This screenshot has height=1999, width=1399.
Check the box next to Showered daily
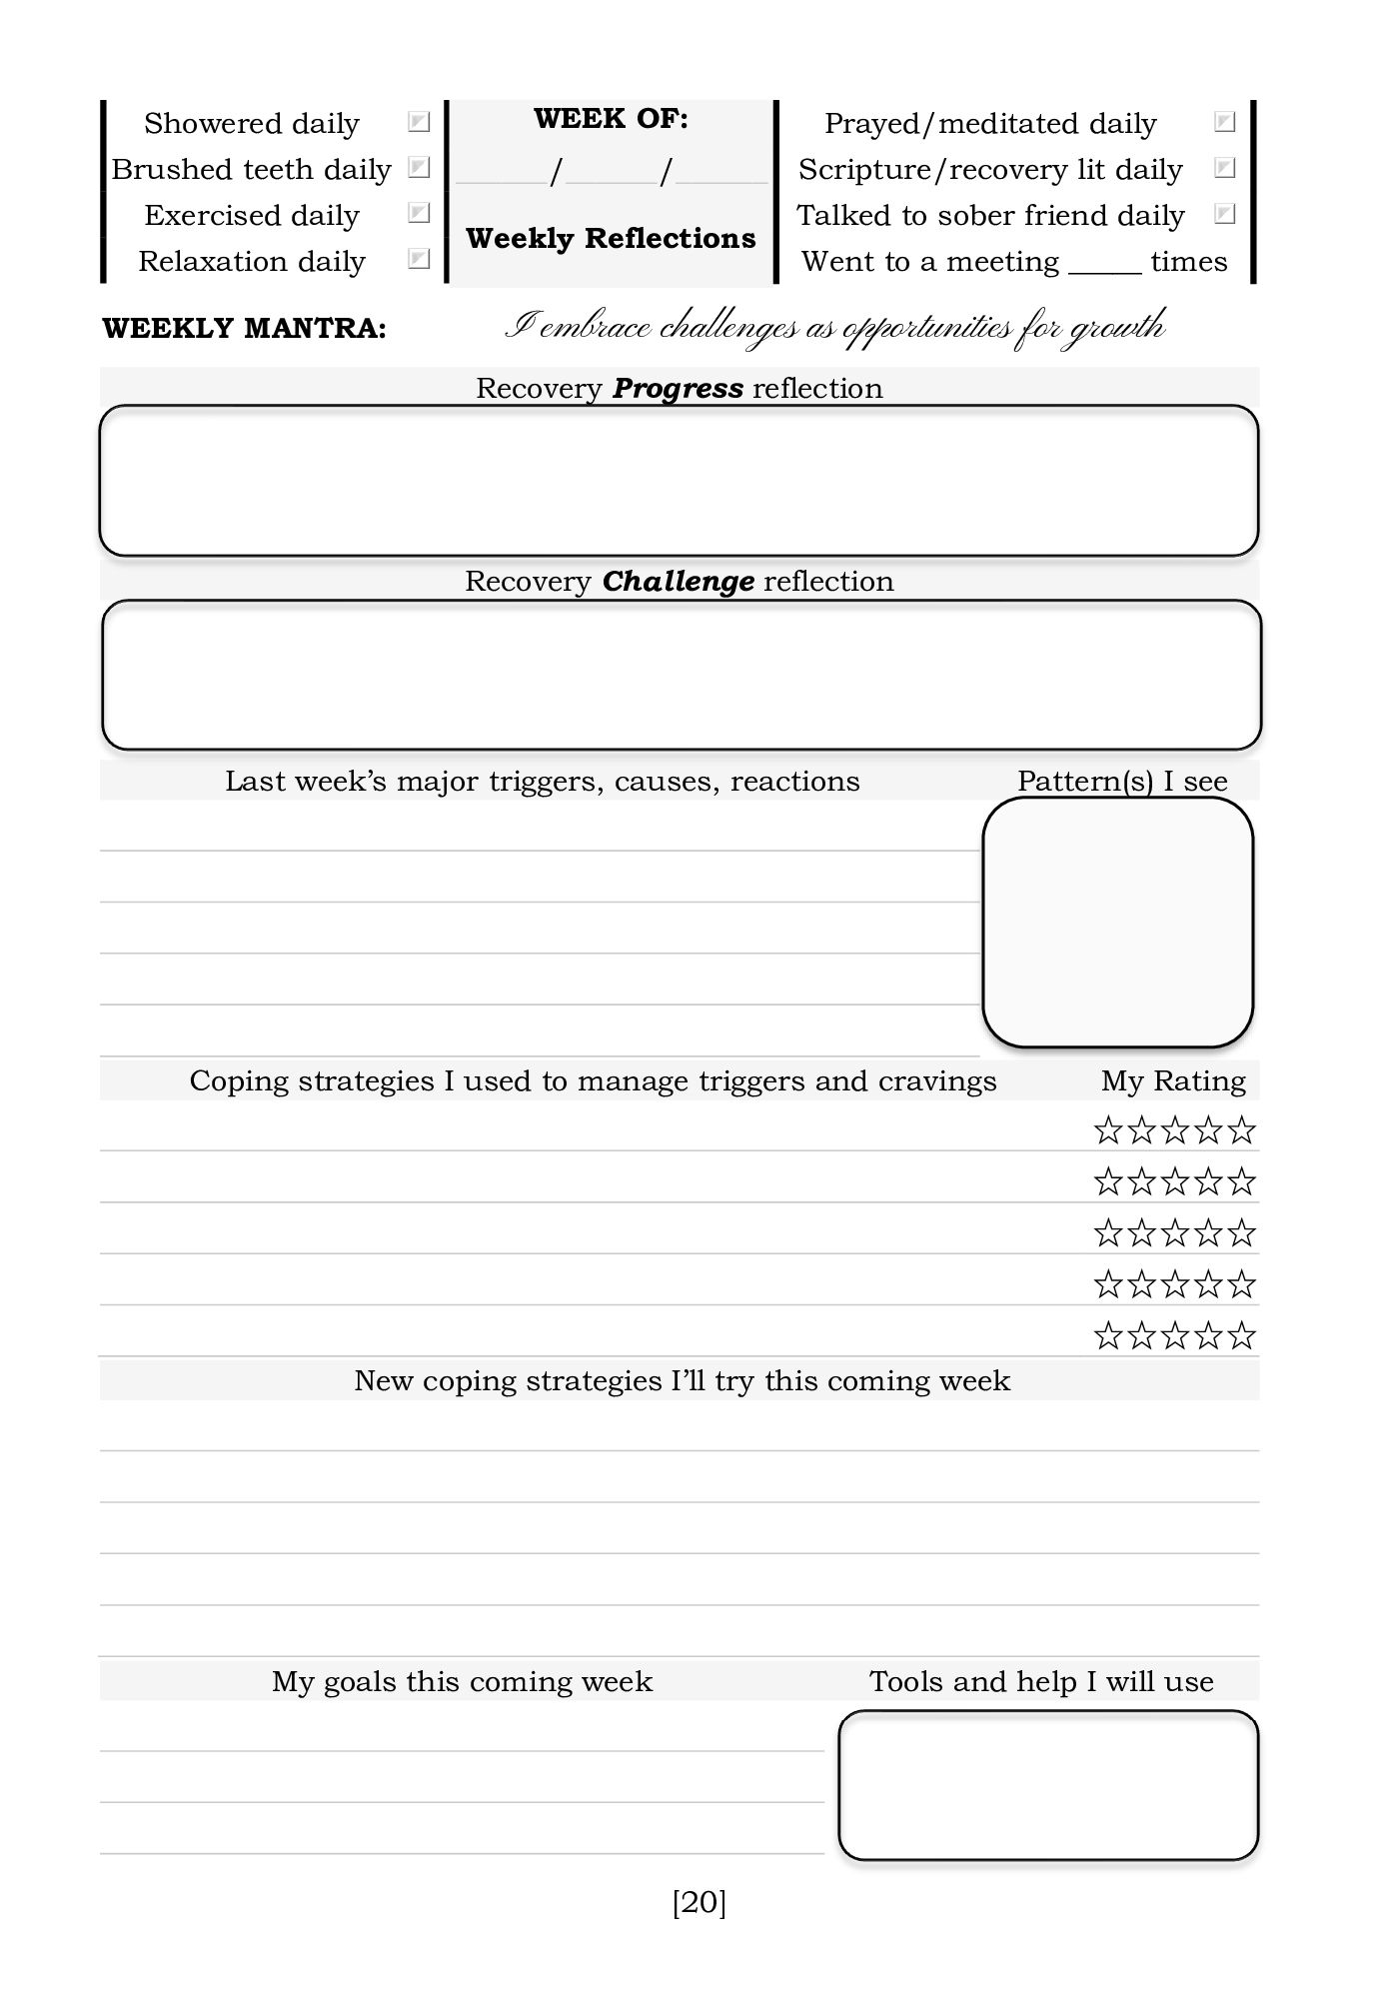coord(419,122)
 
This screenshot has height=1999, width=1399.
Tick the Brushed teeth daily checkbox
coord(419,168)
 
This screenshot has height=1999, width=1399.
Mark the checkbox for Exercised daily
coord(419,214)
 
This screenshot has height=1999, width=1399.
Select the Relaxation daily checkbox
coord(419,260)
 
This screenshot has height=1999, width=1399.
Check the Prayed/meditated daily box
coord(1224,122)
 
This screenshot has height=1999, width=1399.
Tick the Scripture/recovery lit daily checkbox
coord(1224,168)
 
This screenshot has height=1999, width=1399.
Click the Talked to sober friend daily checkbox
coord(1224,214)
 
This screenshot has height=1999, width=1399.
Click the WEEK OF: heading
coord(611,119)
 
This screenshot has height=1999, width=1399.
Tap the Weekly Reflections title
coord(611,238)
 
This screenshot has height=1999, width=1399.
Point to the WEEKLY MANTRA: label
coord(244,329)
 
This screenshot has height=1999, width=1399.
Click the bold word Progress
coord(678,388)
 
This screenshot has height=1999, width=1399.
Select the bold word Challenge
coord(678,581)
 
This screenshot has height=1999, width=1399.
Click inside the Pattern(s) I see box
coord(1117,922)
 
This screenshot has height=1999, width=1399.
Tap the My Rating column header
coord(1173,1080)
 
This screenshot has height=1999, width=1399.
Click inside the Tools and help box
coord(1047,1785)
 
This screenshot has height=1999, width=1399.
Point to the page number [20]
coord(699,1902)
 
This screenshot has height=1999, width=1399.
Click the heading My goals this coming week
coord(462,1681)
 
